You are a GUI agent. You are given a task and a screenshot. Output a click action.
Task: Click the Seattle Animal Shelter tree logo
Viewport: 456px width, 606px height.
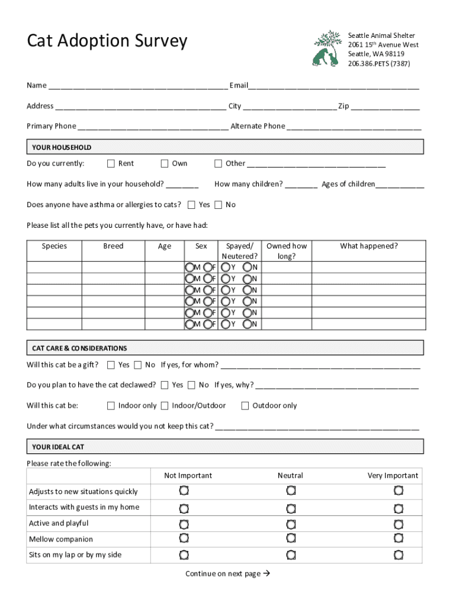point(326,49)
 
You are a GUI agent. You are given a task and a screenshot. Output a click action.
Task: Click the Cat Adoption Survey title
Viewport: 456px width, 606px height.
point(107,41)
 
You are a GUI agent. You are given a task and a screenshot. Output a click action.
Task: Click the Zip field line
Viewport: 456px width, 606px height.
point(385,107)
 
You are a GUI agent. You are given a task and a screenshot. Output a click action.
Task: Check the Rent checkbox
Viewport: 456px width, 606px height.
point(111,163)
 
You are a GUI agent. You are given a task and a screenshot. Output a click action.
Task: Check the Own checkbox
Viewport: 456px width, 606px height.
point(165,163)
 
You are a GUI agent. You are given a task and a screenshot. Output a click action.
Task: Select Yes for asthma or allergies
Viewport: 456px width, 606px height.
point(191,205)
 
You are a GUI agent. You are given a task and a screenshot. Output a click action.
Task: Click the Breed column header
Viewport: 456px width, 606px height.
point(113,246)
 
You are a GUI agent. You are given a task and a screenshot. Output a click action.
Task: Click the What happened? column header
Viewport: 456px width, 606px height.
point(368,246)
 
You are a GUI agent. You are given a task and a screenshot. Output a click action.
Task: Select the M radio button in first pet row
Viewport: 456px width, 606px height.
point(190,267)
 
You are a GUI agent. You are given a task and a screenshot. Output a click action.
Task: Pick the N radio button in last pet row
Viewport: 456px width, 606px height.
point(247,324)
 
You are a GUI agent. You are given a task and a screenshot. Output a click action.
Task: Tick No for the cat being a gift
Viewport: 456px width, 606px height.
point(138,365)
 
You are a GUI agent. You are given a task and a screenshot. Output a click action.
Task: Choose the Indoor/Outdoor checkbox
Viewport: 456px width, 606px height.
point(165,405)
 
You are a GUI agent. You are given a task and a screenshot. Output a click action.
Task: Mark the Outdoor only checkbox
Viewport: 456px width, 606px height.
point(245,405)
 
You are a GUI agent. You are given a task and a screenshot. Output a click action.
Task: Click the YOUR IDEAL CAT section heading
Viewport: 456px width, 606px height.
point(59,447)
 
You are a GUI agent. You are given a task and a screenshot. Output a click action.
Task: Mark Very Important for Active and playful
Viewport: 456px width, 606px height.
point(399,524)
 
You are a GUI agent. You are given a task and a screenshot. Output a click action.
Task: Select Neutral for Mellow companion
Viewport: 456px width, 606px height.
point(291,539)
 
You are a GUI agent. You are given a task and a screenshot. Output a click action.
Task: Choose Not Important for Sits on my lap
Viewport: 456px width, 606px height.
point(184,555)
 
